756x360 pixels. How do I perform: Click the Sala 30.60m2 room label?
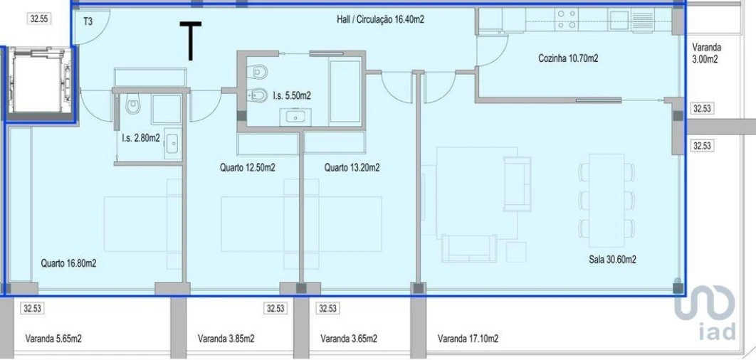coord(611,260)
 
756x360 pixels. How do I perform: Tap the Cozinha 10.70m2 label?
coord(568,58)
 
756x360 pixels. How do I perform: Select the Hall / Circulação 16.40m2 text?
coord(380,20)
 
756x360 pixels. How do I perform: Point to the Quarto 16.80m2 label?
coord(68,263)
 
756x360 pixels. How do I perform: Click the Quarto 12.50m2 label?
coord(247,168)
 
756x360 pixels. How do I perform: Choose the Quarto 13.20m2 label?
coord(351,168)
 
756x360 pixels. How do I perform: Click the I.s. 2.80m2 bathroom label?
coord(140,137)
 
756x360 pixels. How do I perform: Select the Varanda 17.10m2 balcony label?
coord(468,339)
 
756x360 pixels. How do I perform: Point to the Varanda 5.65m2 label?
coord(53,339)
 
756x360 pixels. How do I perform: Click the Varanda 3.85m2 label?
coord(226,339)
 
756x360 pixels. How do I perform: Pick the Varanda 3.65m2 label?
coord(348,339)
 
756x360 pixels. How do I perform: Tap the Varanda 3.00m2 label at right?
coord(706,53)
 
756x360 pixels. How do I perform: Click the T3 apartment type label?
coord(88,21)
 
